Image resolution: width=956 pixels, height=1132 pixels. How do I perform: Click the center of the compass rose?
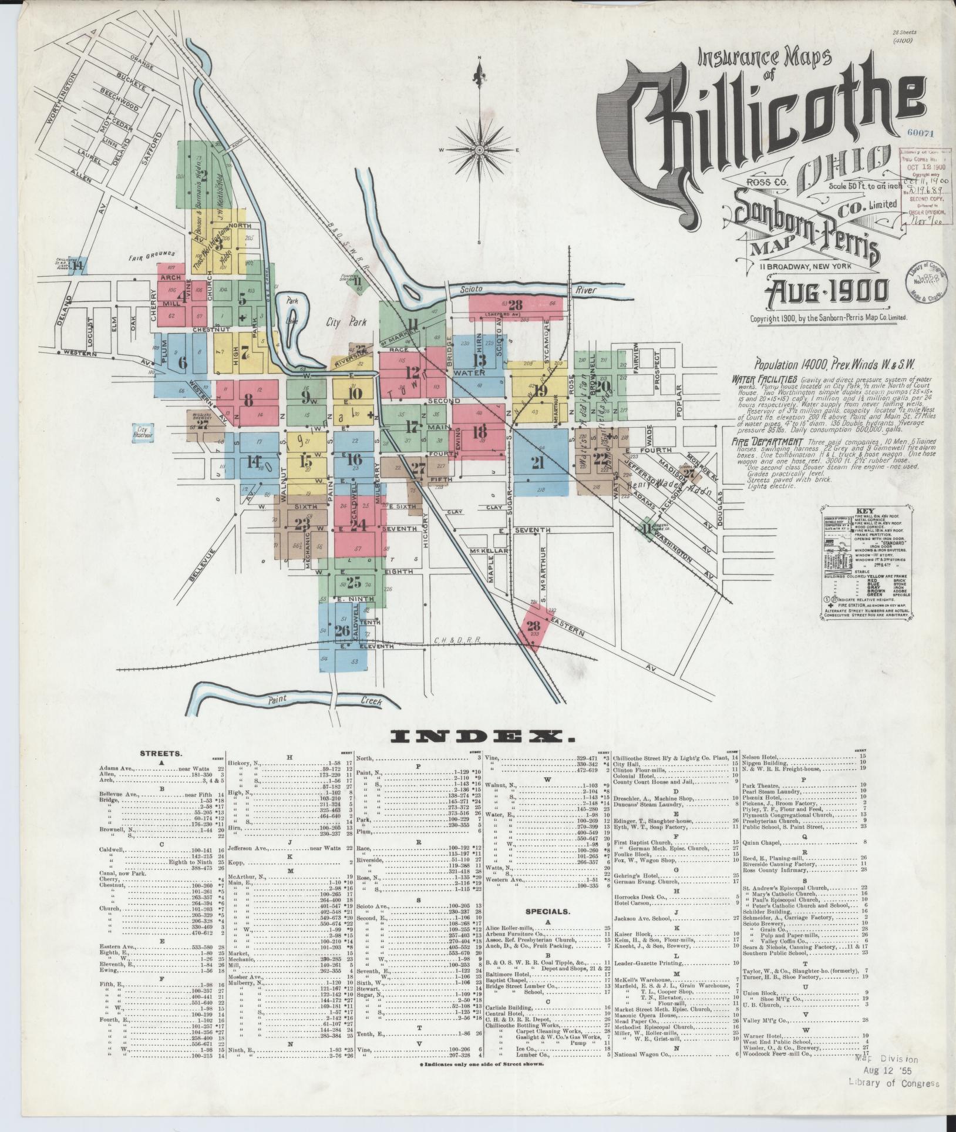pos(480,150)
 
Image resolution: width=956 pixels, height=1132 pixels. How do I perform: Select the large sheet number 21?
pos(537,462)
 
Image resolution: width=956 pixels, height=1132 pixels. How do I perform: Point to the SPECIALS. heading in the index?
pos(547,929)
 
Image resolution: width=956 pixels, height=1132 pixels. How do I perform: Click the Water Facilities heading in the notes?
pos(764,379)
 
